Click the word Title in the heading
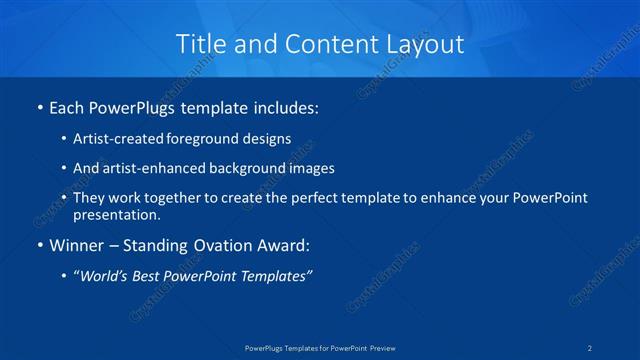point(200,44)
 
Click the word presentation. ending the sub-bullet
point(116,214)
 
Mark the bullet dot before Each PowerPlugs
point(39,106)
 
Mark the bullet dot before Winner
point(39,246)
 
